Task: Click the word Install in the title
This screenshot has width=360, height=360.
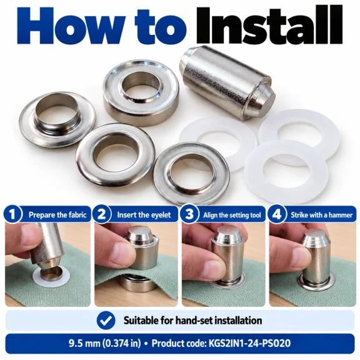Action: pyautogui.click(x=270, y=26)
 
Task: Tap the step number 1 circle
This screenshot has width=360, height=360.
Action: pyautogui.click(x=12, y=214)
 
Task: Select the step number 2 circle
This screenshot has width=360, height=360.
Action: pyautogui.click(x=102, y=214)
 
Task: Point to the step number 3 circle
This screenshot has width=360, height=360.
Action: pyautogui.click(x=189, y=214)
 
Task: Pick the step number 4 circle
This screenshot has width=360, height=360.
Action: pyautogui.click(x=277, y=214)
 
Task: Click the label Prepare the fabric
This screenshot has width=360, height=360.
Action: pyautogui.click(x=57, y=215)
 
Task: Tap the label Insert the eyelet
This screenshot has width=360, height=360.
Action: pyautogui.click(x=144, y=215)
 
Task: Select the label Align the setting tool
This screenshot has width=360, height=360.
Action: pyautogui.click(x=232, y=215)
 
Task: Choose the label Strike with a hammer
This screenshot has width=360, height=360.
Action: pyautogui.click(x=321, y=215)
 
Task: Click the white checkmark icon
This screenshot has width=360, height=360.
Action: pyautogui.click(x=106, y=321)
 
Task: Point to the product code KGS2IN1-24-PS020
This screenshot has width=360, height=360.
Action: pyautogui.click(x=249, y=344)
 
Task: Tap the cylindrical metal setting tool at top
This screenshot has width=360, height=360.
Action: pyautogui.click(x=227, y=82)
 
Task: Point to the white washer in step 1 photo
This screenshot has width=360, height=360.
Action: pyautogui.click(x=51, y=278)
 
